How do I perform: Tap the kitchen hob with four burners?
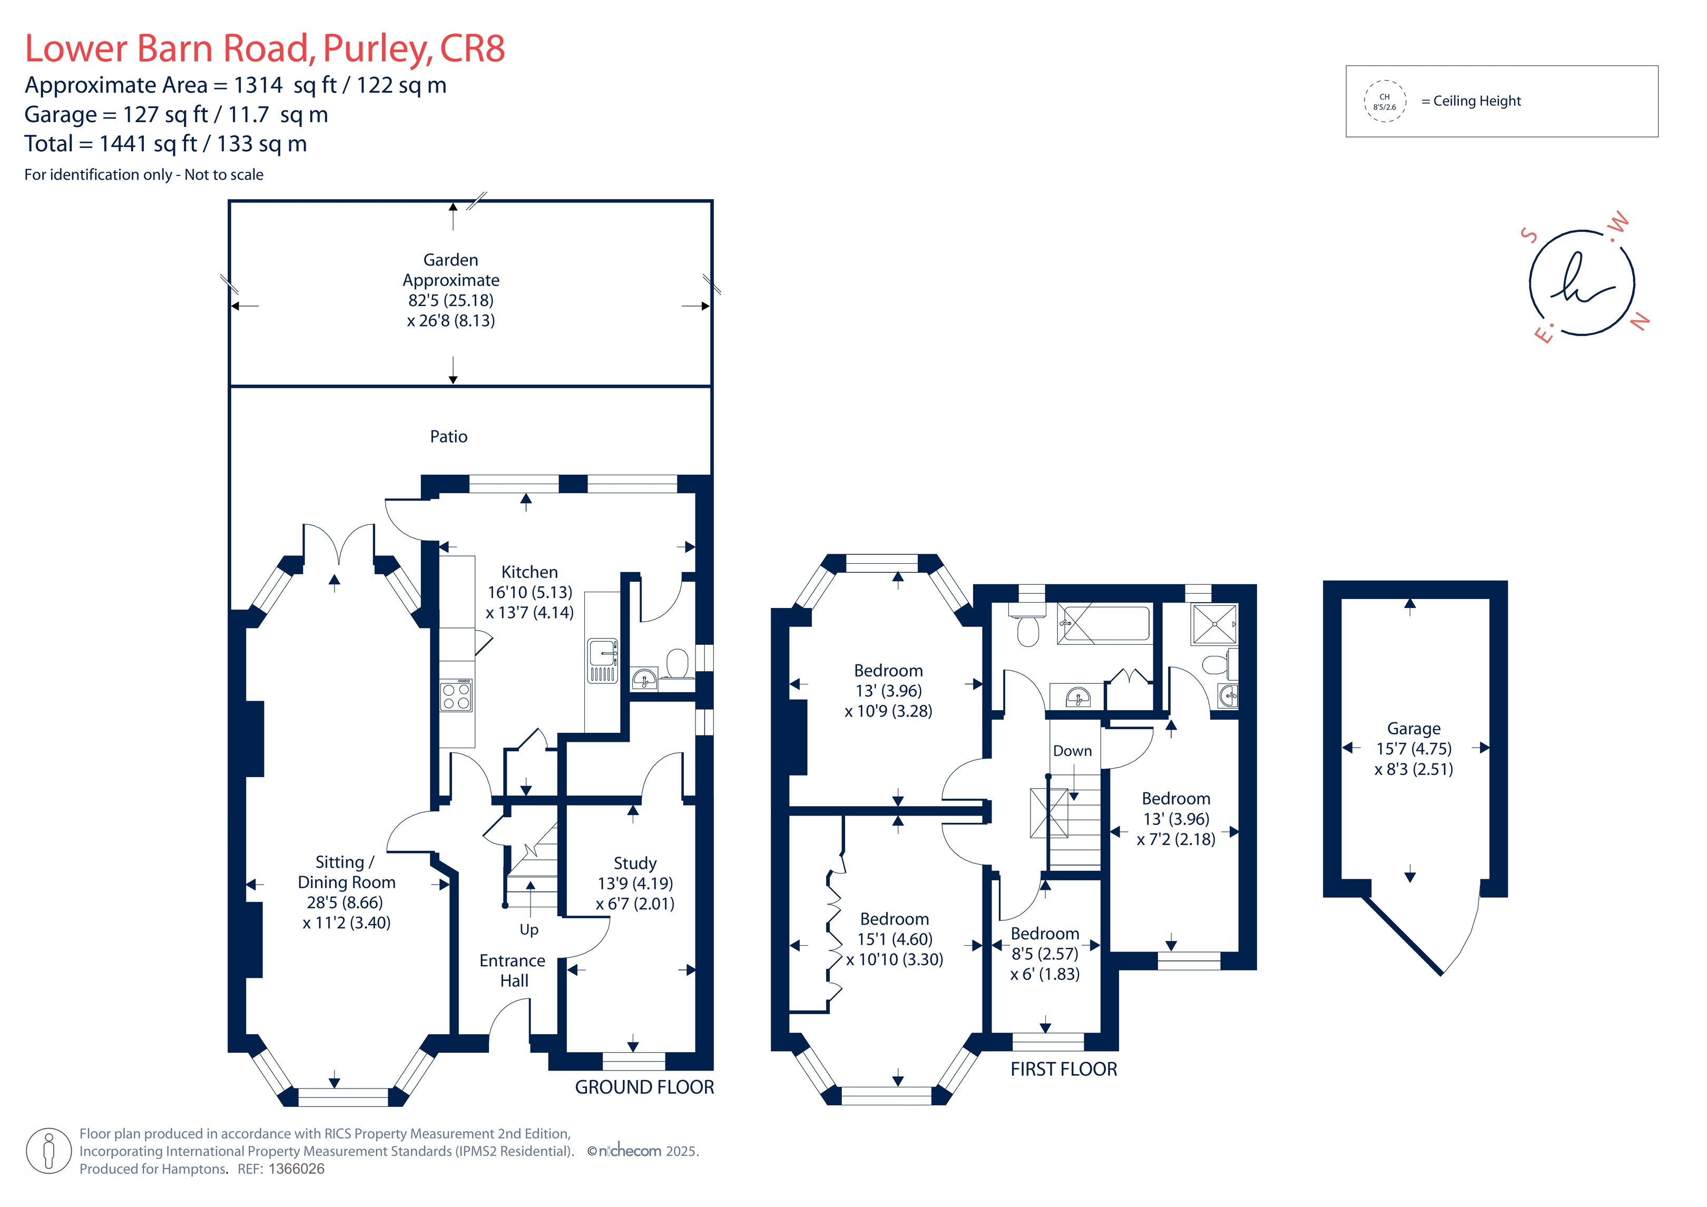pos(456,695)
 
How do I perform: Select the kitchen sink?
pos(602,660)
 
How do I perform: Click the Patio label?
pos(448,437)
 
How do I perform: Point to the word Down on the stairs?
pos(1072,751)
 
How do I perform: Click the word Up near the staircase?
pos(528,929)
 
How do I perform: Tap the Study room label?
pos(635,884)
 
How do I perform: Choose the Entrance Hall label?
pos(512,970)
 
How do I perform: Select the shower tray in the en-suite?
pos(1214,623)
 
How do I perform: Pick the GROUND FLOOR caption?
pos(644,1087)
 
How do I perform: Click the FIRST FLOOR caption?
pos(1063,1069)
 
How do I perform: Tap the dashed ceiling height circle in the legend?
pos(1385,101)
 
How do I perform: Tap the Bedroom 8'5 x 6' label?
pos(1045,954)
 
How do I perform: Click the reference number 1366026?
pos(296,1169)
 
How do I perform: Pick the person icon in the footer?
pos(49,1151)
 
